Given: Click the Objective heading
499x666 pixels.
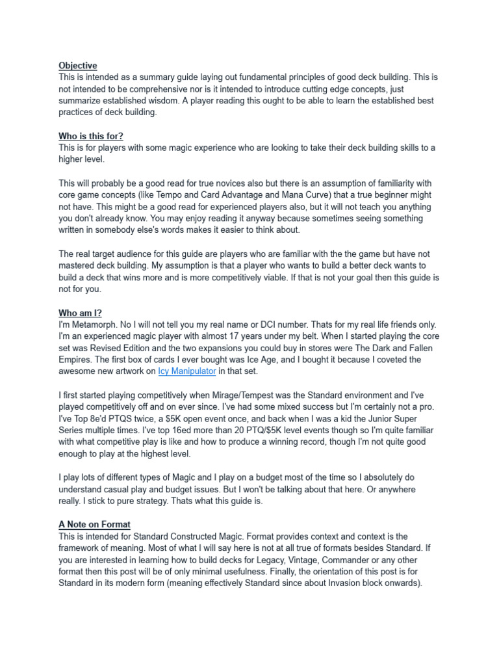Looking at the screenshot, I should pyautogui.click(x=78, y=66).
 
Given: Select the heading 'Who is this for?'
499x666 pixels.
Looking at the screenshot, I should pyautogui.click(x=91, y=136).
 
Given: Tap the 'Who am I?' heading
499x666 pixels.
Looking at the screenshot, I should pyautogui.click(x=80, y=313).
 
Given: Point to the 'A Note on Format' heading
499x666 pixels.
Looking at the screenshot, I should pyautogui.click(x=94, y=524).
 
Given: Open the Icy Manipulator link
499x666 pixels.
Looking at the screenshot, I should pyautogui.click(x=187, y=371).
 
